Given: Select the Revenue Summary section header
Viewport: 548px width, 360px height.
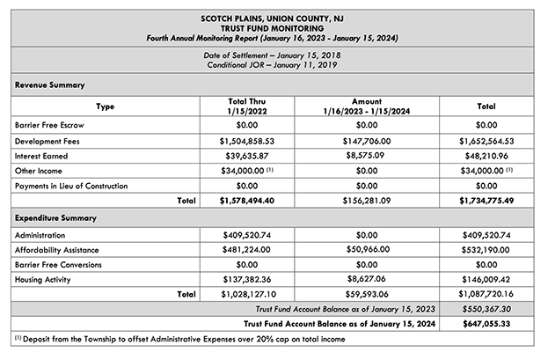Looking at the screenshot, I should click(50, 85).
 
